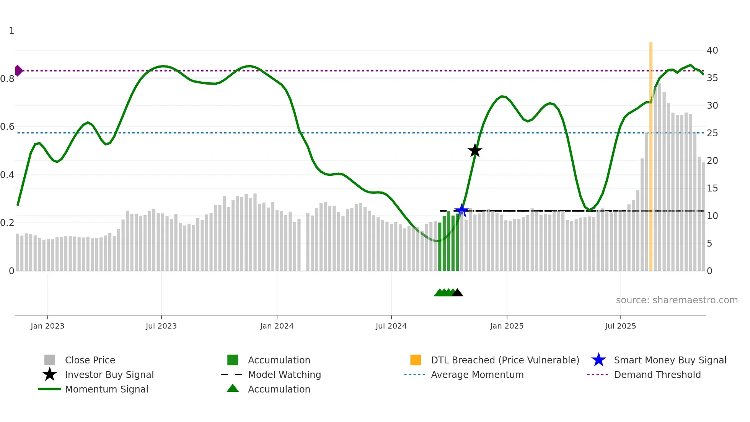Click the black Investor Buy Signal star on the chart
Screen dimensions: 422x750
[475, 150]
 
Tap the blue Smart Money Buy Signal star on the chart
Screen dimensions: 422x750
[461, 210]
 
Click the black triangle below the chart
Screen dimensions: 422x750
[457, 293]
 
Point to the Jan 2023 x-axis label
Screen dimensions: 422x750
[47, 326]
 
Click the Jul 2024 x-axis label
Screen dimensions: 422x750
[391, 326]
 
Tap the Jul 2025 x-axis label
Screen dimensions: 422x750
[620, 326]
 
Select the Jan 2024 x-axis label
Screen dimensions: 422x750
[277, 326]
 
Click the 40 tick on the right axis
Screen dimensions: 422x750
[712, 50]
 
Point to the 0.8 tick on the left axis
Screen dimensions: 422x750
[7, 79]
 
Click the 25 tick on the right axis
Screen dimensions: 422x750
[712, 133]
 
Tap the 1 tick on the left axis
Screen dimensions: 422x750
[11, 30]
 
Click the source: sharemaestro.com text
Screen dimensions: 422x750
[677, 300]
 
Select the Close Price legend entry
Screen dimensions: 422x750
[90, 360]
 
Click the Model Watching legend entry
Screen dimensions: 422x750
[284, 375]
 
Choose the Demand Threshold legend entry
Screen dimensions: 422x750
[657, 375]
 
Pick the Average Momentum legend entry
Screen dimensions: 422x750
[477, 375]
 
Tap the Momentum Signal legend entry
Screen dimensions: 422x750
[106, 389]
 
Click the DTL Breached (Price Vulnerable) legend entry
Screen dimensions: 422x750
[505, 360]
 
